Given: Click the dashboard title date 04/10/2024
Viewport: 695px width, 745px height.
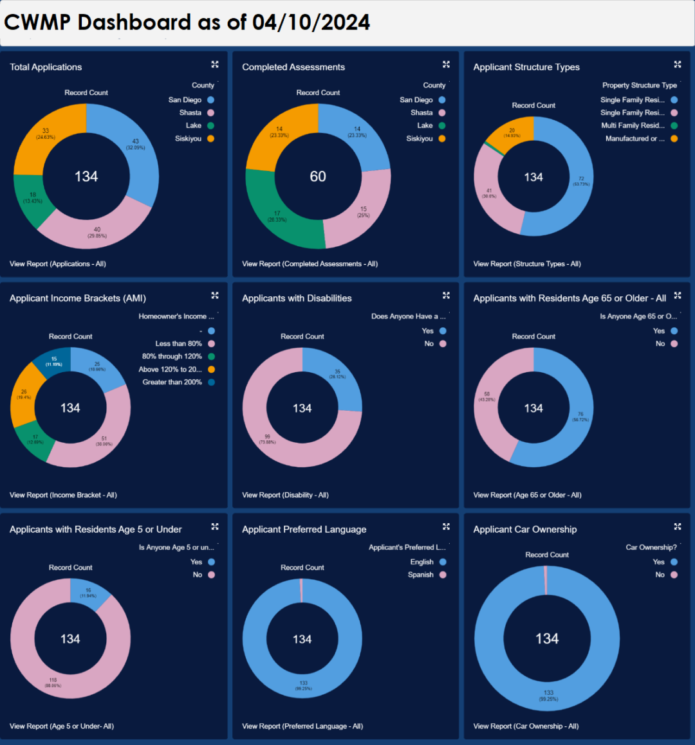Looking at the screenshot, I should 311,22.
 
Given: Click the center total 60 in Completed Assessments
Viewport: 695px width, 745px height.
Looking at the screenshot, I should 318,177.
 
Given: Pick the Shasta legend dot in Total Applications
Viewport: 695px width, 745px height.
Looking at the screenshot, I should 210,112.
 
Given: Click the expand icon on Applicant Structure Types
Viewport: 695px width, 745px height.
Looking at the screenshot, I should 677,64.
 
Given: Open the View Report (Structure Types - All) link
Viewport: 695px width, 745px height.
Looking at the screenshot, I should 527,264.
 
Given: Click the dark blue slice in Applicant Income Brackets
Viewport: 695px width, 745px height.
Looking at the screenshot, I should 54,361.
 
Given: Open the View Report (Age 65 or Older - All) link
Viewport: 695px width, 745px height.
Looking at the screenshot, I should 527,495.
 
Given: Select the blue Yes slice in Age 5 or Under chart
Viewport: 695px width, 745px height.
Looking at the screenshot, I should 89,592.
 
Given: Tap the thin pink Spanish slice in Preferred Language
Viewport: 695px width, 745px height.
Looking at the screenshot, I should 301,591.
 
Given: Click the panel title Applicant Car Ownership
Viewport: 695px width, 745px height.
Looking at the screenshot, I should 525,529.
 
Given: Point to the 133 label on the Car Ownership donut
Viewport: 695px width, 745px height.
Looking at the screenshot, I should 548,693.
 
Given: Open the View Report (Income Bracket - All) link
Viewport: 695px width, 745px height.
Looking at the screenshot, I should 63,495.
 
